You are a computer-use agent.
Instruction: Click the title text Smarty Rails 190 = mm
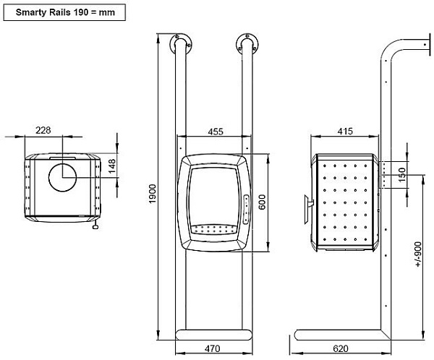click(63, 12)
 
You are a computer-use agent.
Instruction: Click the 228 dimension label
click(43, 130)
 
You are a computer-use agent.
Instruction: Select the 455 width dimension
click(214, 131)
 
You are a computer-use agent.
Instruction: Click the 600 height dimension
click(263, 202)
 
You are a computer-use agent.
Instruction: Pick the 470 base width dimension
click(213, 348)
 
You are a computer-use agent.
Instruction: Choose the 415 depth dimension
click(344, 131)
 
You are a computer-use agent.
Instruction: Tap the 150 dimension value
click(402, 173)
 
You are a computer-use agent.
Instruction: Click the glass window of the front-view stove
click(213, 193)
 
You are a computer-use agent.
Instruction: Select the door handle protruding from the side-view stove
click(308, 207)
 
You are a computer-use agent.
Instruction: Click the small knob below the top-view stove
click(95, 225)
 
